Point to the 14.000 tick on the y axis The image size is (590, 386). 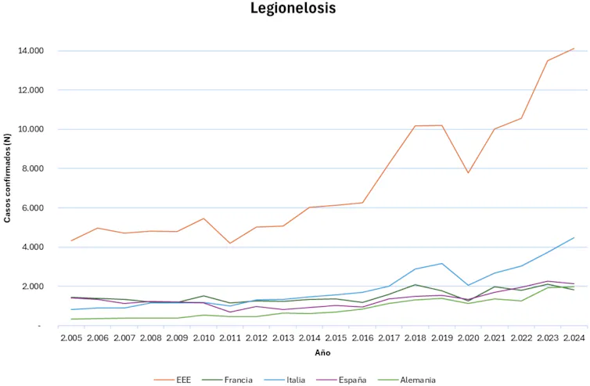click(31, 51)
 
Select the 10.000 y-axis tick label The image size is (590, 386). click(31, 129)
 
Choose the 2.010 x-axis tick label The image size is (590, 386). click(203, 337)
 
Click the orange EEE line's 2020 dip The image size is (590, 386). click(468, 173)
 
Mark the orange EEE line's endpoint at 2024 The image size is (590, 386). click(574, 49)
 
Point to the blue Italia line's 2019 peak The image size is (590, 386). click(442, 264)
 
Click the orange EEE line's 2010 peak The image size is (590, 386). click(203, 218)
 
